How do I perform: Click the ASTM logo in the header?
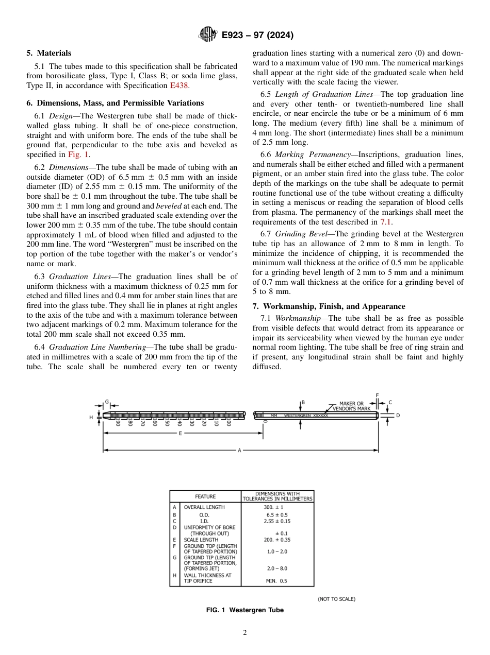pyautogui.click(x=208, y=35)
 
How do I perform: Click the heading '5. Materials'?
pyautogui.click(x=49, y=53)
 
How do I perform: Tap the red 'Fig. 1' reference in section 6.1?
pyautogui.click(x=79, y=154)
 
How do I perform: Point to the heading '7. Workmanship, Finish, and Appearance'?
pyautogui.click(x=329, y=306)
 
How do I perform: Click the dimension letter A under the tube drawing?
pyautogui.click(x=239, y=451)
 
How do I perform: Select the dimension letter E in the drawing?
pyautogui.click(x=180, y=434)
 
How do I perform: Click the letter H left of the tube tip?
pyautogui.click(x=91, y=418)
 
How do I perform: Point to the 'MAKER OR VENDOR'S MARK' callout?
pyautogui.click(x=352, y=406)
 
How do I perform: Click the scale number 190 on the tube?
pyautogui.click(x=118, y=422)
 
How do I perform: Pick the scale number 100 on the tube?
pyautogui.click(x=228, y=422)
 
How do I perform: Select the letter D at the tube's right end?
pyautogui.click(x=398, y=415)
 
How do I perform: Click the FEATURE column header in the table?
pyautogui.click(x=205, y=496)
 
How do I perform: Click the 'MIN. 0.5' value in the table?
pyautogui.click(x=276, y=581)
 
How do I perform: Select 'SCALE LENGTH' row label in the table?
pyautogui.click(x=201, y=540)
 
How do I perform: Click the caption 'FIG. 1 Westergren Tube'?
pyautogui.click(x=245, y=610)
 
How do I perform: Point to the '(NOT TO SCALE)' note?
pyautogui.click(x=336, y=599)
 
